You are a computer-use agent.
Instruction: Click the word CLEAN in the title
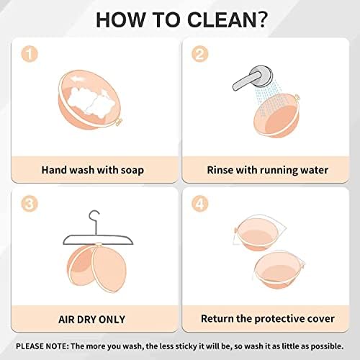[x=222, y=19]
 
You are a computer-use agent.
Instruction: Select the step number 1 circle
[x=30, y=54]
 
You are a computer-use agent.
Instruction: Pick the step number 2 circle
[x=200, y=54]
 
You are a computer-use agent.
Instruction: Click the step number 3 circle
[x=30, y=204]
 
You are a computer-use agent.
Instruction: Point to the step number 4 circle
[x=200, y=204]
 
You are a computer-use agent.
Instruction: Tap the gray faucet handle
[x=247, y=81]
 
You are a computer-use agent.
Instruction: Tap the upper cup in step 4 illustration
[x=258, y=233]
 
